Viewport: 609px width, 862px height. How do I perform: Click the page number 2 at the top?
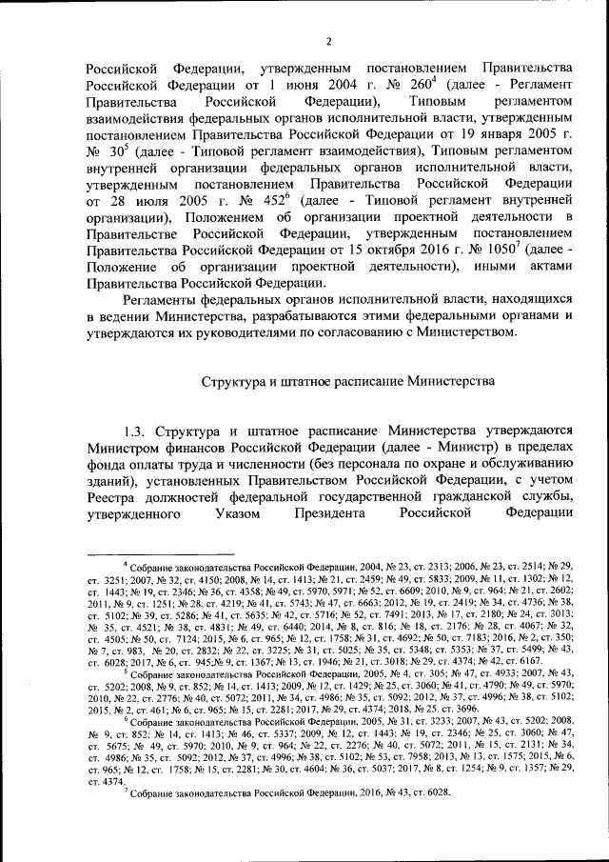(x=326, y=40)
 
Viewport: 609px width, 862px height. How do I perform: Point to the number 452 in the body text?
(x=267, y=198)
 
